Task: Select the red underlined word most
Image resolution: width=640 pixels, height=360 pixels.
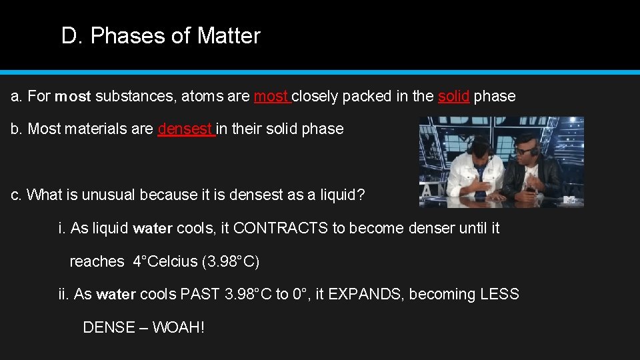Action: coord(271,96)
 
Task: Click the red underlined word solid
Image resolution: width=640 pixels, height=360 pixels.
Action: coord(453,96)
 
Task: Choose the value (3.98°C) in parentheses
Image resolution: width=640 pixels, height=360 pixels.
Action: coord(231,261)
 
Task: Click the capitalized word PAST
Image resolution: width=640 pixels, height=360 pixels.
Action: coord(201,294)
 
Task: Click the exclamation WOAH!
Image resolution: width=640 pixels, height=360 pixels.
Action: coord(178,327)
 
